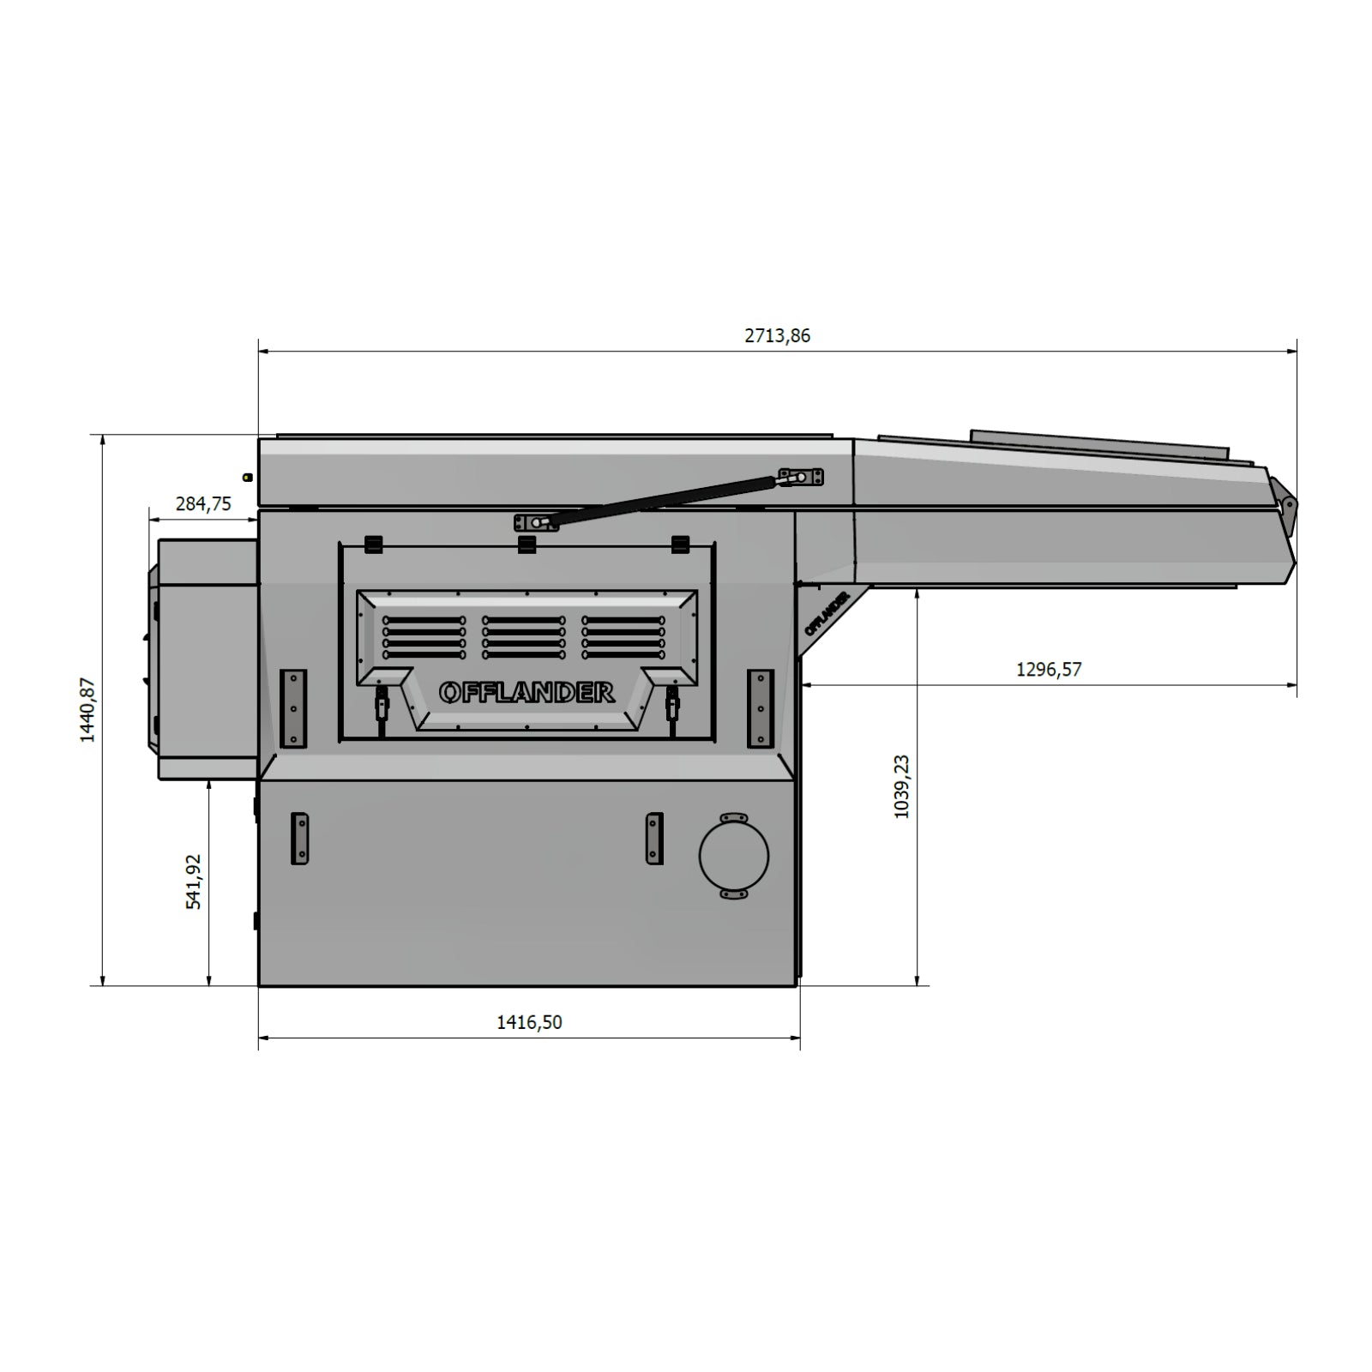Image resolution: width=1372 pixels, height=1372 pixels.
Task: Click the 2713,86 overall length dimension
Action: (x=777, y=335)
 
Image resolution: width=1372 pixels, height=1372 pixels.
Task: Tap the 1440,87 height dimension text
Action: (x=87, y=710)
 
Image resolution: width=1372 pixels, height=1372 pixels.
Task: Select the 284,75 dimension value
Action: (x=203, y=503)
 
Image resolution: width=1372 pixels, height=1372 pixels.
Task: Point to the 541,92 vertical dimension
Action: (x=194, y=882)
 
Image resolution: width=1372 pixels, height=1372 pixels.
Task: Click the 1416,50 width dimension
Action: (x=529, y=1022)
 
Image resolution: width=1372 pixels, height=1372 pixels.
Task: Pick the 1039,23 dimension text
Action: (x=901, y=786)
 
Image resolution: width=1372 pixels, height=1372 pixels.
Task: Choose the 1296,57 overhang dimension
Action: (x=1049, y=669)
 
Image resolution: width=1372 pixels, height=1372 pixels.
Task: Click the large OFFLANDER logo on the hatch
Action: (x=527, y=692)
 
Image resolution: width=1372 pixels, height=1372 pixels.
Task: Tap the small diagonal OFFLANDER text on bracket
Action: (x=827, y=613)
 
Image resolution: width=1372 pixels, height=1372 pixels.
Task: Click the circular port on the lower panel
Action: (x=734, y=856)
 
